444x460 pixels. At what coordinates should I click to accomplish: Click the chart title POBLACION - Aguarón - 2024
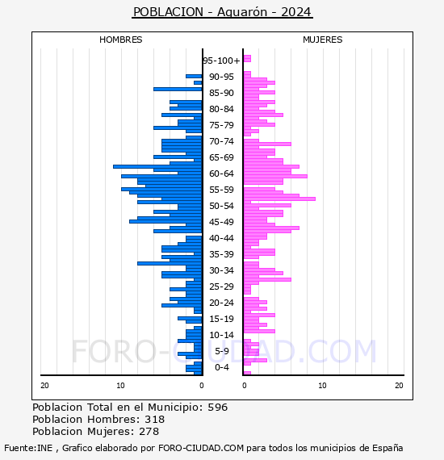tap(222, 12)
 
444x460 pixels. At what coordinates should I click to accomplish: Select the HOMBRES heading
tap(120, 40)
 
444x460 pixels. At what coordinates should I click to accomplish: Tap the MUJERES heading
tap(323, 40)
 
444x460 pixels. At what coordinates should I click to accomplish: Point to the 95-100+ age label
tap(221, 61)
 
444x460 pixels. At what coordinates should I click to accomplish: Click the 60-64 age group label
tap(221, 174)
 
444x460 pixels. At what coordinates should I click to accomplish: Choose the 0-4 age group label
tap(221, 367)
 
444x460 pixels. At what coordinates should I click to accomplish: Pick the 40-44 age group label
tap(221, 238)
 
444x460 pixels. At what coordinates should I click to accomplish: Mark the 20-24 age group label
tap(221, 303)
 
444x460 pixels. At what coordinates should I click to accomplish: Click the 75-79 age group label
tap(221, 125)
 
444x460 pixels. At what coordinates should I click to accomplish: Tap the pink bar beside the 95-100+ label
tap(247, 59)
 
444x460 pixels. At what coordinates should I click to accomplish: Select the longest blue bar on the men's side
tap(157, 166)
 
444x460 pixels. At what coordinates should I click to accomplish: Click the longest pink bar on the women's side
tap(279, 199)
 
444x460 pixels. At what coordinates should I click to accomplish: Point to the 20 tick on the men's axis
tap(44, 386)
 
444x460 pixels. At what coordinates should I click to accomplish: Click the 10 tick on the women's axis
tap(322, 386)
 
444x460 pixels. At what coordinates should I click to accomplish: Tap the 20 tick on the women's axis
tap(399, 386)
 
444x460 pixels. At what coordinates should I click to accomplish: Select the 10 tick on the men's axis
tap(120, 386)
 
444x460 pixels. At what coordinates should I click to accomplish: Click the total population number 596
tap(217, 408)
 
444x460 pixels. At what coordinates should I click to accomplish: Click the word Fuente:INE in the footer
tap(28, 448)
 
